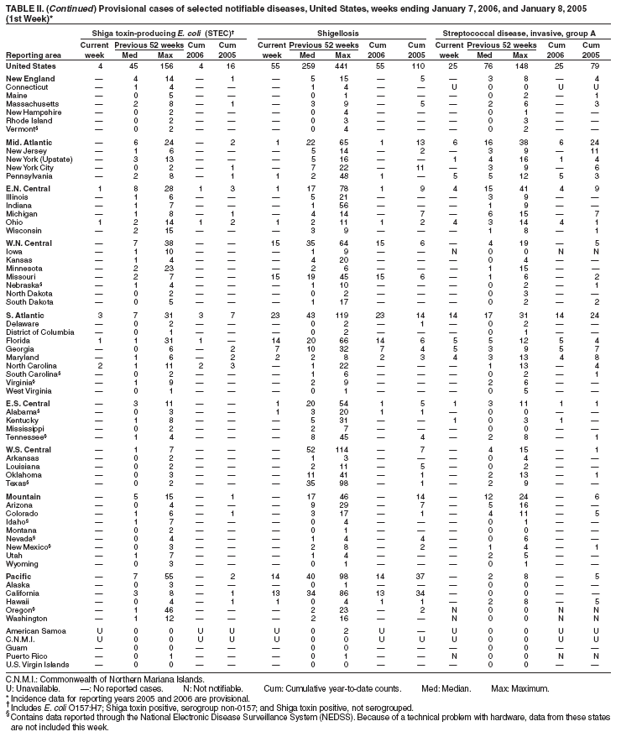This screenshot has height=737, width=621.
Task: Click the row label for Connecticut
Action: click(x=25, y=86)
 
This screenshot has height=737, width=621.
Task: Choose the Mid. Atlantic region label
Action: click(x=27, y=143)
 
